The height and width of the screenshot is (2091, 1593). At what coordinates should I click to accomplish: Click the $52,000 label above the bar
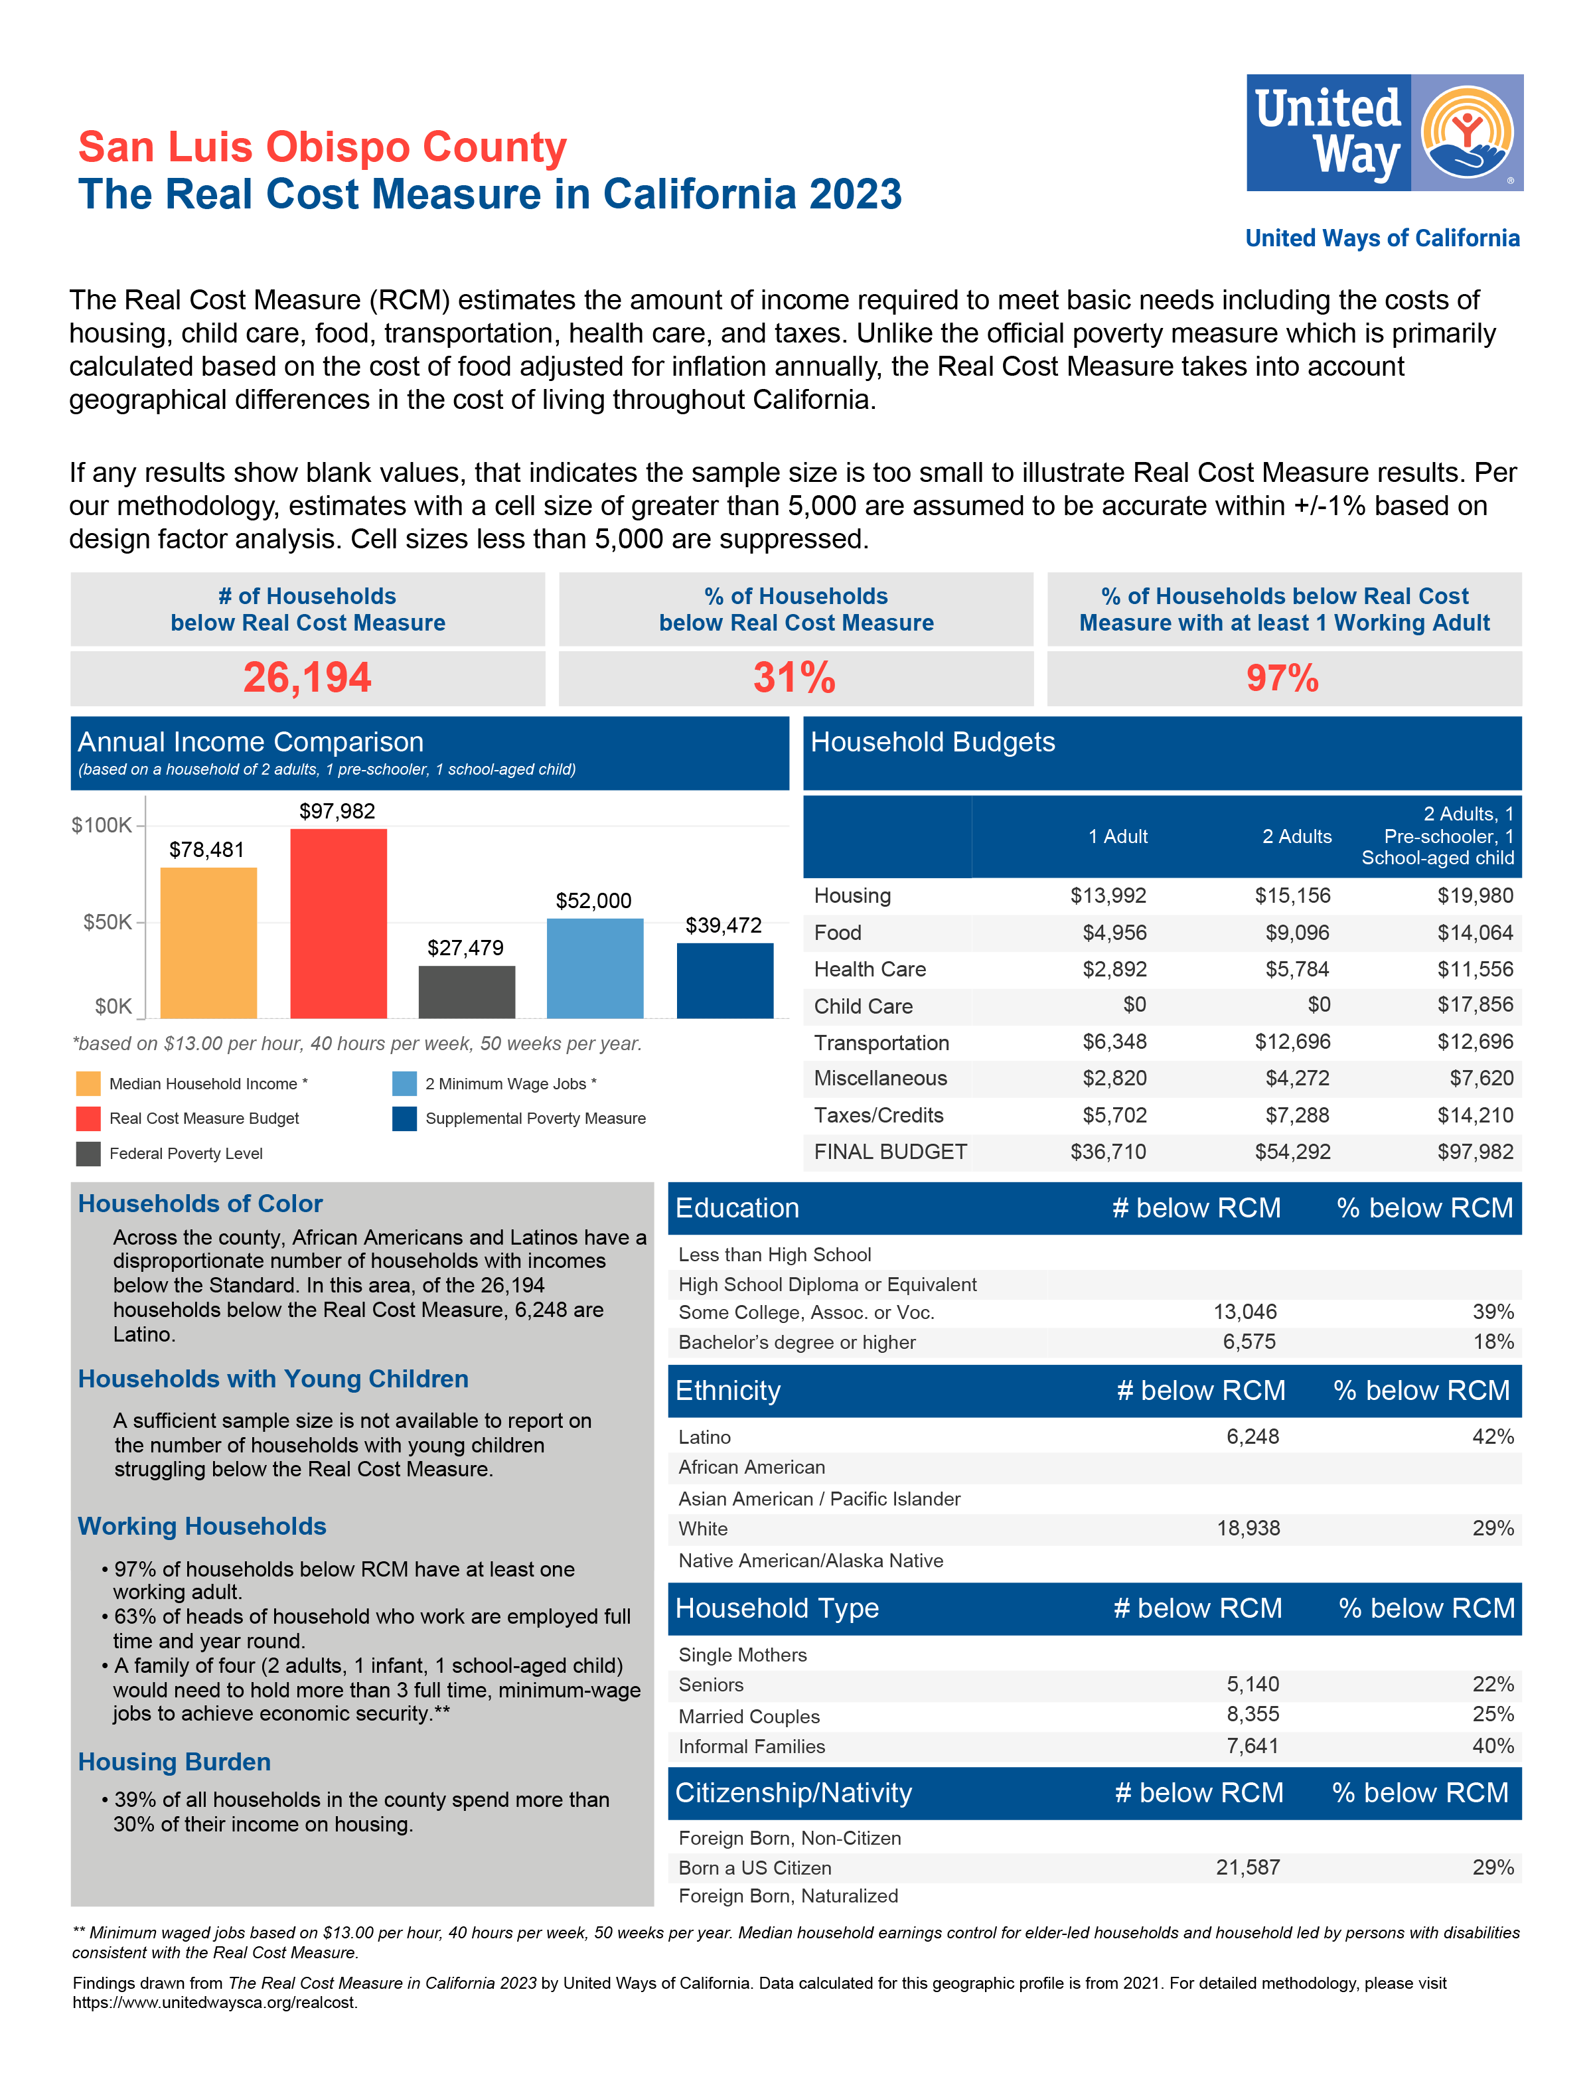click(593, 900)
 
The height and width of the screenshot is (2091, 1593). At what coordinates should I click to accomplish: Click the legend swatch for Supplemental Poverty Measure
click(405, 1118)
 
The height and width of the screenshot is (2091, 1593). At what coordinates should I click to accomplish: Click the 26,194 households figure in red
click(307, 678)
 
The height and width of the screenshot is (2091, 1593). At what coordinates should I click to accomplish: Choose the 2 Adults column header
click(1296, 836)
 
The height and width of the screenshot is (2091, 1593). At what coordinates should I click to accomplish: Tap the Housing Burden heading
click(175, 1761)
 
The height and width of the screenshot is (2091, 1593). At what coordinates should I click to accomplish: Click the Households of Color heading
click(200, 1203)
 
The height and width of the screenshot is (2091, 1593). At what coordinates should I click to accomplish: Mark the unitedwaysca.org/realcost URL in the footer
click(215, 2002)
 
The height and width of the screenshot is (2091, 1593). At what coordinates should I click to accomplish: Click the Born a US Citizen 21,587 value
click(1248, 1867)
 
